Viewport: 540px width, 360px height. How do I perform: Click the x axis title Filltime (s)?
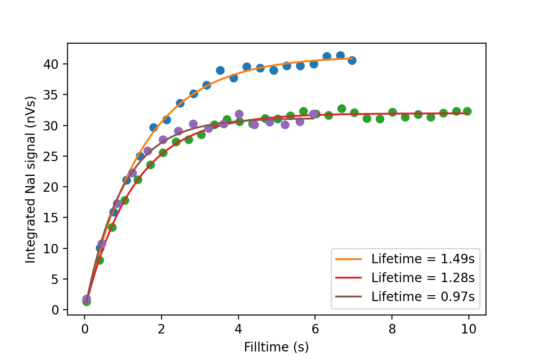tap(276, 347)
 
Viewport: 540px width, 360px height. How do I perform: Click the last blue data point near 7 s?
tap(352, 60)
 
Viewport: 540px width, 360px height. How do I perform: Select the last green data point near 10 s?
tap(467, 111)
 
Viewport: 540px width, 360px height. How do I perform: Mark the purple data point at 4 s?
tap(239, 114)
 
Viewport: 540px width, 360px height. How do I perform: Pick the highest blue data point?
tap(340, 56)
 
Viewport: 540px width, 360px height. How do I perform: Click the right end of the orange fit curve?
tap(352, 58)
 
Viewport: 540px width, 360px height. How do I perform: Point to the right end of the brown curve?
tap(314, 118)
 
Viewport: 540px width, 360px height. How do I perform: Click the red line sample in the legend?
tap(348, 278)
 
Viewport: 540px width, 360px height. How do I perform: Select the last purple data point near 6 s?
tap(313, 114)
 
